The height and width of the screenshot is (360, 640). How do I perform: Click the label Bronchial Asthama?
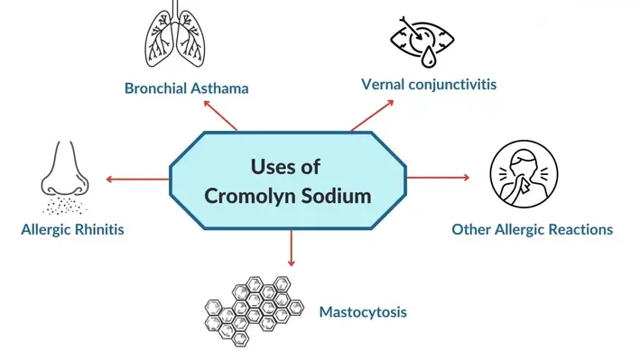[x=187, y=88]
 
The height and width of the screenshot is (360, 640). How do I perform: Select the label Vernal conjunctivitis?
[x=428, y=84]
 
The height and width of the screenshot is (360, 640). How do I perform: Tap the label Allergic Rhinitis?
[x=72, y=229]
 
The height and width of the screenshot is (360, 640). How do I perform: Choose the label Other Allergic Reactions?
[x=532, y=229]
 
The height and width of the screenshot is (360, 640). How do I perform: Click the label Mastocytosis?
[x=363, y=312]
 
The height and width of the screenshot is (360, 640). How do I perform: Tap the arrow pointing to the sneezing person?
[x=440, y=178]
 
